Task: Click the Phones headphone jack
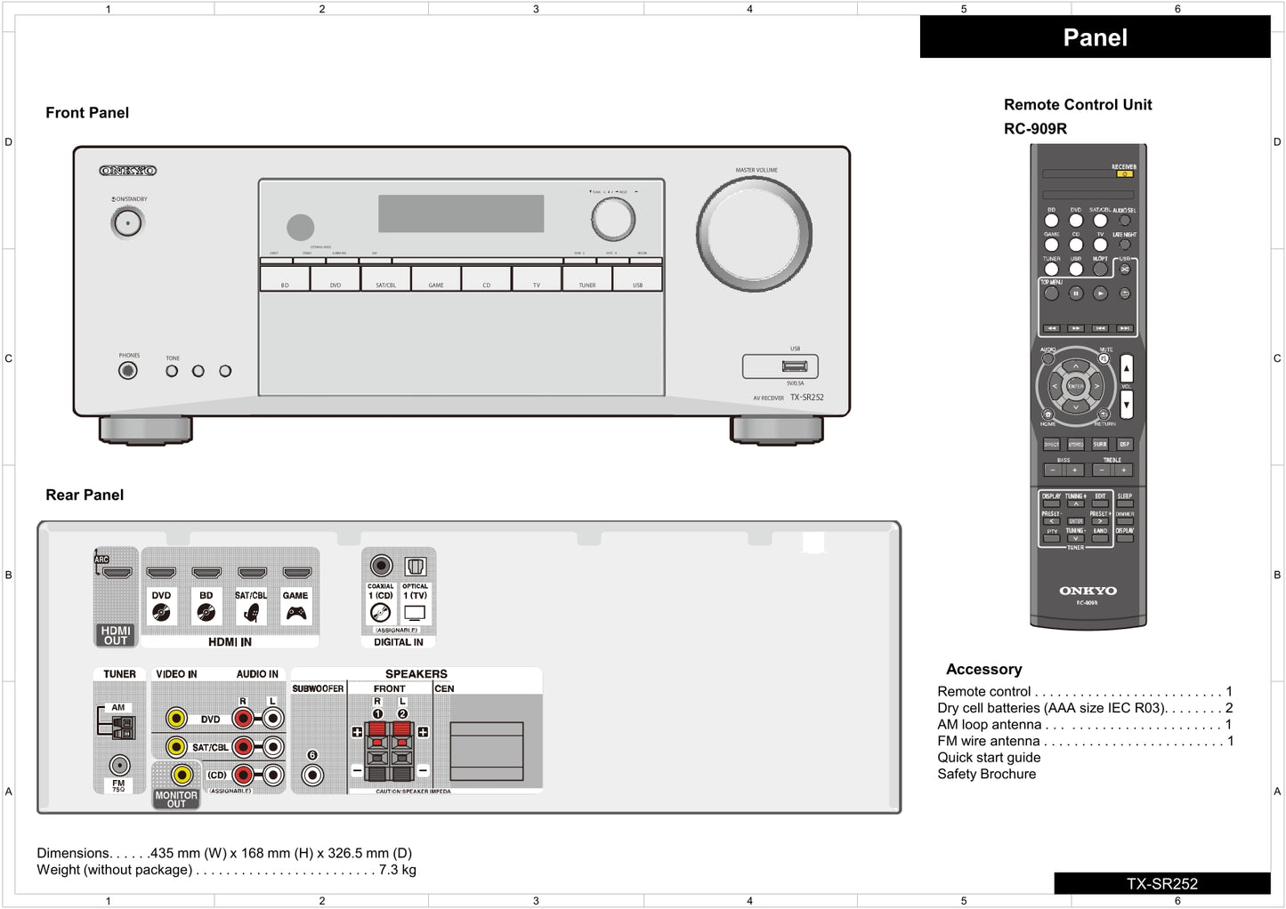point(128,371)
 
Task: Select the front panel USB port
point(795,366)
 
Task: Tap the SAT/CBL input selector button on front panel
point(385,279)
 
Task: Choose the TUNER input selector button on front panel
point(587,279)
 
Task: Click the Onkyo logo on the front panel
point(128,171)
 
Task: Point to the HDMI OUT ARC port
point(117,572)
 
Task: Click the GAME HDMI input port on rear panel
point(296,573)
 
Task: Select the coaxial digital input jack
point(381,566)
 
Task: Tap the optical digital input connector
point(416,567)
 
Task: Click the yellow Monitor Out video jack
point(182,775)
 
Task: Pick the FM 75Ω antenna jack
point(118,764)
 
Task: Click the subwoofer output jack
point(312,774)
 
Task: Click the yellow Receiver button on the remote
point(1124,174)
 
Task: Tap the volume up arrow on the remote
point(1127,368)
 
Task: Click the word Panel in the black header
point(1095,38)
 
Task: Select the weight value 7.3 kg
point(397,870)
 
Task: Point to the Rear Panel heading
point(85,495)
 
